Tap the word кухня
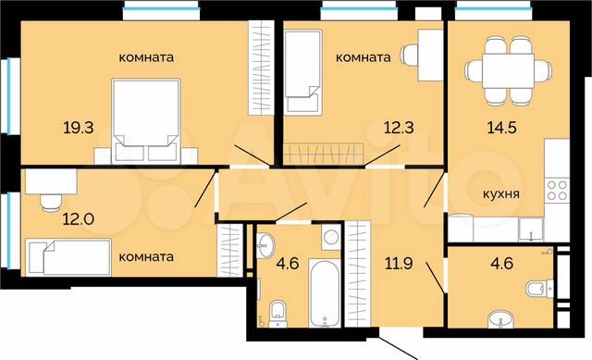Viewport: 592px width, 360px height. coord(499,195)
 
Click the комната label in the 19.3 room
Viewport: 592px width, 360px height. coord(147,57)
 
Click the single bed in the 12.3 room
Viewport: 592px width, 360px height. coord(302,65)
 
